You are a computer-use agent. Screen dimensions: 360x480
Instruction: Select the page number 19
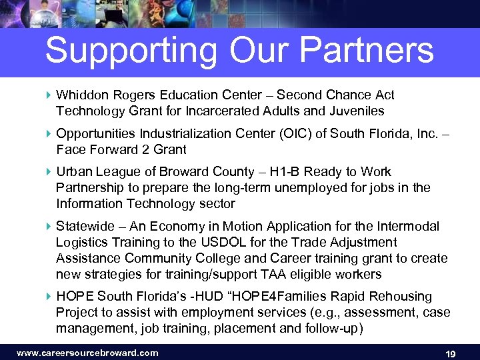[x=450, y=353]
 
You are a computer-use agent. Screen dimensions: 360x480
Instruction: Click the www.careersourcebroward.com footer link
[x=87, y=353]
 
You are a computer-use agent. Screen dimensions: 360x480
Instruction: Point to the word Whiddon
[x=81, y=95]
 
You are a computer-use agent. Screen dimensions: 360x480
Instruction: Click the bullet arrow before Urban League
[x=49, y=172]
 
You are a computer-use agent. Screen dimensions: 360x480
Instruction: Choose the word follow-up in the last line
[x=331, y=328]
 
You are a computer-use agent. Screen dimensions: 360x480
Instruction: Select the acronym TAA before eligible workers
[x=263, y=273]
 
